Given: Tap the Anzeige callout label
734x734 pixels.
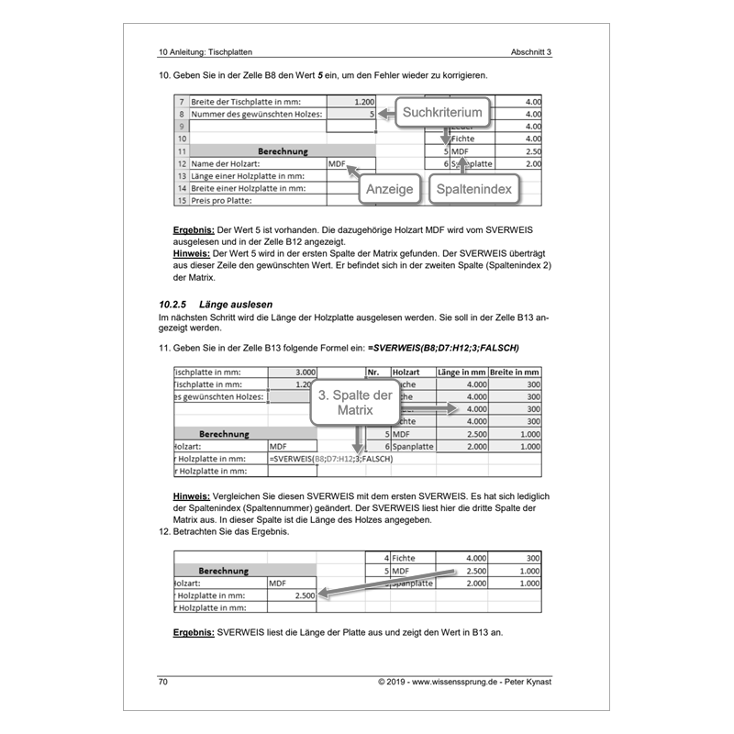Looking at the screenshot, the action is [389, 188].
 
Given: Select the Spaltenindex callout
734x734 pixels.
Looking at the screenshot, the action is [475, 188].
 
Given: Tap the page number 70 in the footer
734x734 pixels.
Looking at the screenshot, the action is [164, 682].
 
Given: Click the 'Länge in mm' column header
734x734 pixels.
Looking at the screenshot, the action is [463, 373].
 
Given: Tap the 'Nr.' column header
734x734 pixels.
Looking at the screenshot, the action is [373, 373].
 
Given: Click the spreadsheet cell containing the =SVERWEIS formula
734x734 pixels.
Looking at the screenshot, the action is [330, 458].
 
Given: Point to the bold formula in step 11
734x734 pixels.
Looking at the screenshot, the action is [443, 348].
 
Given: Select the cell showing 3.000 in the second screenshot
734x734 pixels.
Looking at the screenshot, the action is [293, 373].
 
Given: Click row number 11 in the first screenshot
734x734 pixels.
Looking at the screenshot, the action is [182, 150].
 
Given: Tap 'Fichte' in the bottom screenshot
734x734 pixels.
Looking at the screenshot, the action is [405, 557].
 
